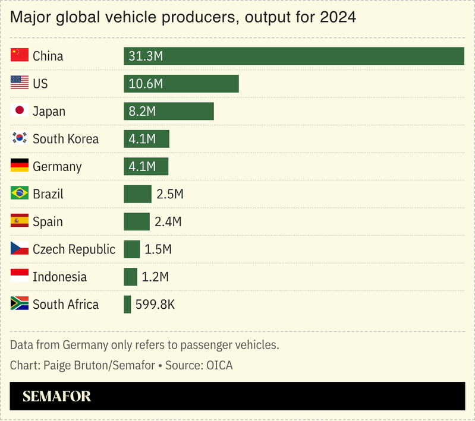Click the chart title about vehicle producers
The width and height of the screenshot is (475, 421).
click(x=183, y=18)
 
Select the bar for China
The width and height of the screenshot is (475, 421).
click(x=294, y=56)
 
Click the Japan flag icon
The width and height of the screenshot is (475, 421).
click(x=20, y=110)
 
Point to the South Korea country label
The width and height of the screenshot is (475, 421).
click(x=65, y=139)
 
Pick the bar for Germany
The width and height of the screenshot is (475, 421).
click(x=146, y=166)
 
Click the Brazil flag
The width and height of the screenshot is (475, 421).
click(x=20, y=194)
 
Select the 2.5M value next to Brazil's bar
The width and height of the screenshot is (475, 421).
click(x=169, y=194)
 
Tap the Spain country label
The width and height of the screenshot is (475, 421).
click(x=48, y=221)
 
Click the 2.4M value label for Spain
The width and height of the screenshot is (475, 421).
click(x=168, y=221)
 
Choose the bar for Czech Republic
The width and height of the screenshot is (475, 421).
click(x=131, y=249)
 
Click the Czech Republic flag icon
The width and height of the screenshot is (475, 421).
click(x=20, y=249)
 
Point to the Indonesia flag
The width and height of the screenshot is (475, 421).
click(x=20, y=276)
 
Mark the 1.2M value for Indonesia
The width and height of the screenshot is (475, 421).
click(x=155, y=277)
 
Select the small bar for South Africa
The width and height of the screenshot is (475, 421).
click(x=127, y=305)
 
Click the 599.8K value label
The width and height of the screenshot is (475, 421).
click(x=155, y=305)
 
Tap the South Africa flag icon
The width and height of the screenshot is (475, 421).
click(x=20, y=304)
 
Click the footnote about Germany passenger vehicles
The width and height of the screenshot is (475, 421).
click(x=144, y=345)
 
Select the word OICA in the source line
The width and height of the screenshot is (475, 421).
click(x=219, y=365)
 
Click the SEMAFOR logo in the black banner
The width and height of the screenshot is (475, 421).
click(x=56, y=396)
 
